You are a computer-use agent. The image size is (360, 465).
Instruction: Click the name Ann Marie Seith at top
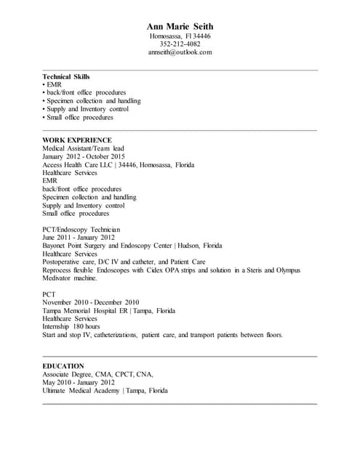pyautogui.click(x=180, y=27)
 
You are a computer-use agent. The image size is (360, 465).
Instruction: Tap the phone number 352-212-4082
pyautogui.click(x=180, y=44)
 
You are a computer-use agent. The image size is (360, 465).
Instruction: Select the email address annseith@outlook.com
pyautogui.click(x=180, y=52)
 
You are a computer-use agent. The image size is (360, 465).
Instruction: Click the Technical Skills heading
pyautogui.click(x=66, y=76)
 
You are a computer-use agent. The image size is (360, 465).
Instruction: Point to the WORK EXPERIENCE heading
pyautogui.click(x=77, y=139)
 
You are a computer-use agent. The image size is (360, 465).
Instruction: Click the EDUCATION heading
pyautogui.click(x=63, y=365)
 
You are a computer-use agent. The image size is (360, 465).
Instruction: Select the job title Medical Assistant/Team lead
pyautogui.click(x=84, y=148)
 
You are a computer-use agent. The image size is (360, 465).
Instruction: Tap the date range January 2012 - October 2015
pyautogui.click(x=84, y=156)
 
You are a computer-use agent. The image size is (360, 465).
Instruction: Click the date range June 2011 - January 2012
pyautogui.click(x=79, y=237)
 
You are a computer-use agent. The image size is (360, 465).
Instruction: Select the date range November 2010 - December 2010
pyautogui.click(x=91, y=302)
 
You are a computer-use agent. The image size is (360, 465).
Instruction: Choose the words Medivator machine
pyautogui.click(x=70, y=278)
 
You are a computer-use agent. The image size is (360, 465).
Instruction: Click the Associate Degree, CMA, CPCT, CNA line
pyautogui.click(x=97, y=374)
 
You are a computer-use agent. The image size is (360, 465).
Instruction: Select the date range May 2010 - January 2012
pyautogui.click(x=79, y=382)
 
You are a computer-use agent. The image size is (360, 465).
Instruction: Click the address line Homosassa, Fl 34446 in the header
pyautogui.click(x=180, y=36)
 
